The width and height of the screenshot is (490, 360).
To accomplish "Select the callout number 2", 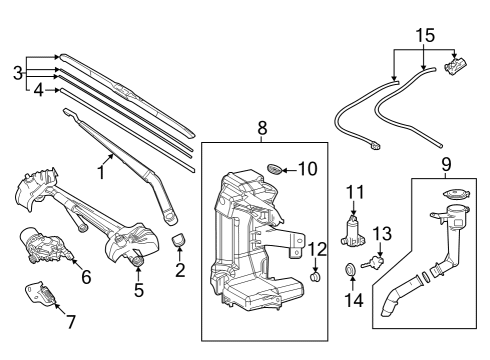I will tap(180, 269).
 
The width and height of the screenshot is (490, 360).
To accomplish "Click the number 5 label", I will tap(139, 291).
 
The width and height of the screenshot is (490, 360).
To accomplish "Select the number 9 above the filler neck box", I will tap(445, 161).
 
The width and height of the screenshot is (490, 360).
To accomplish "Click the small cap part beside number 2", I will tap(180, 240).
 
